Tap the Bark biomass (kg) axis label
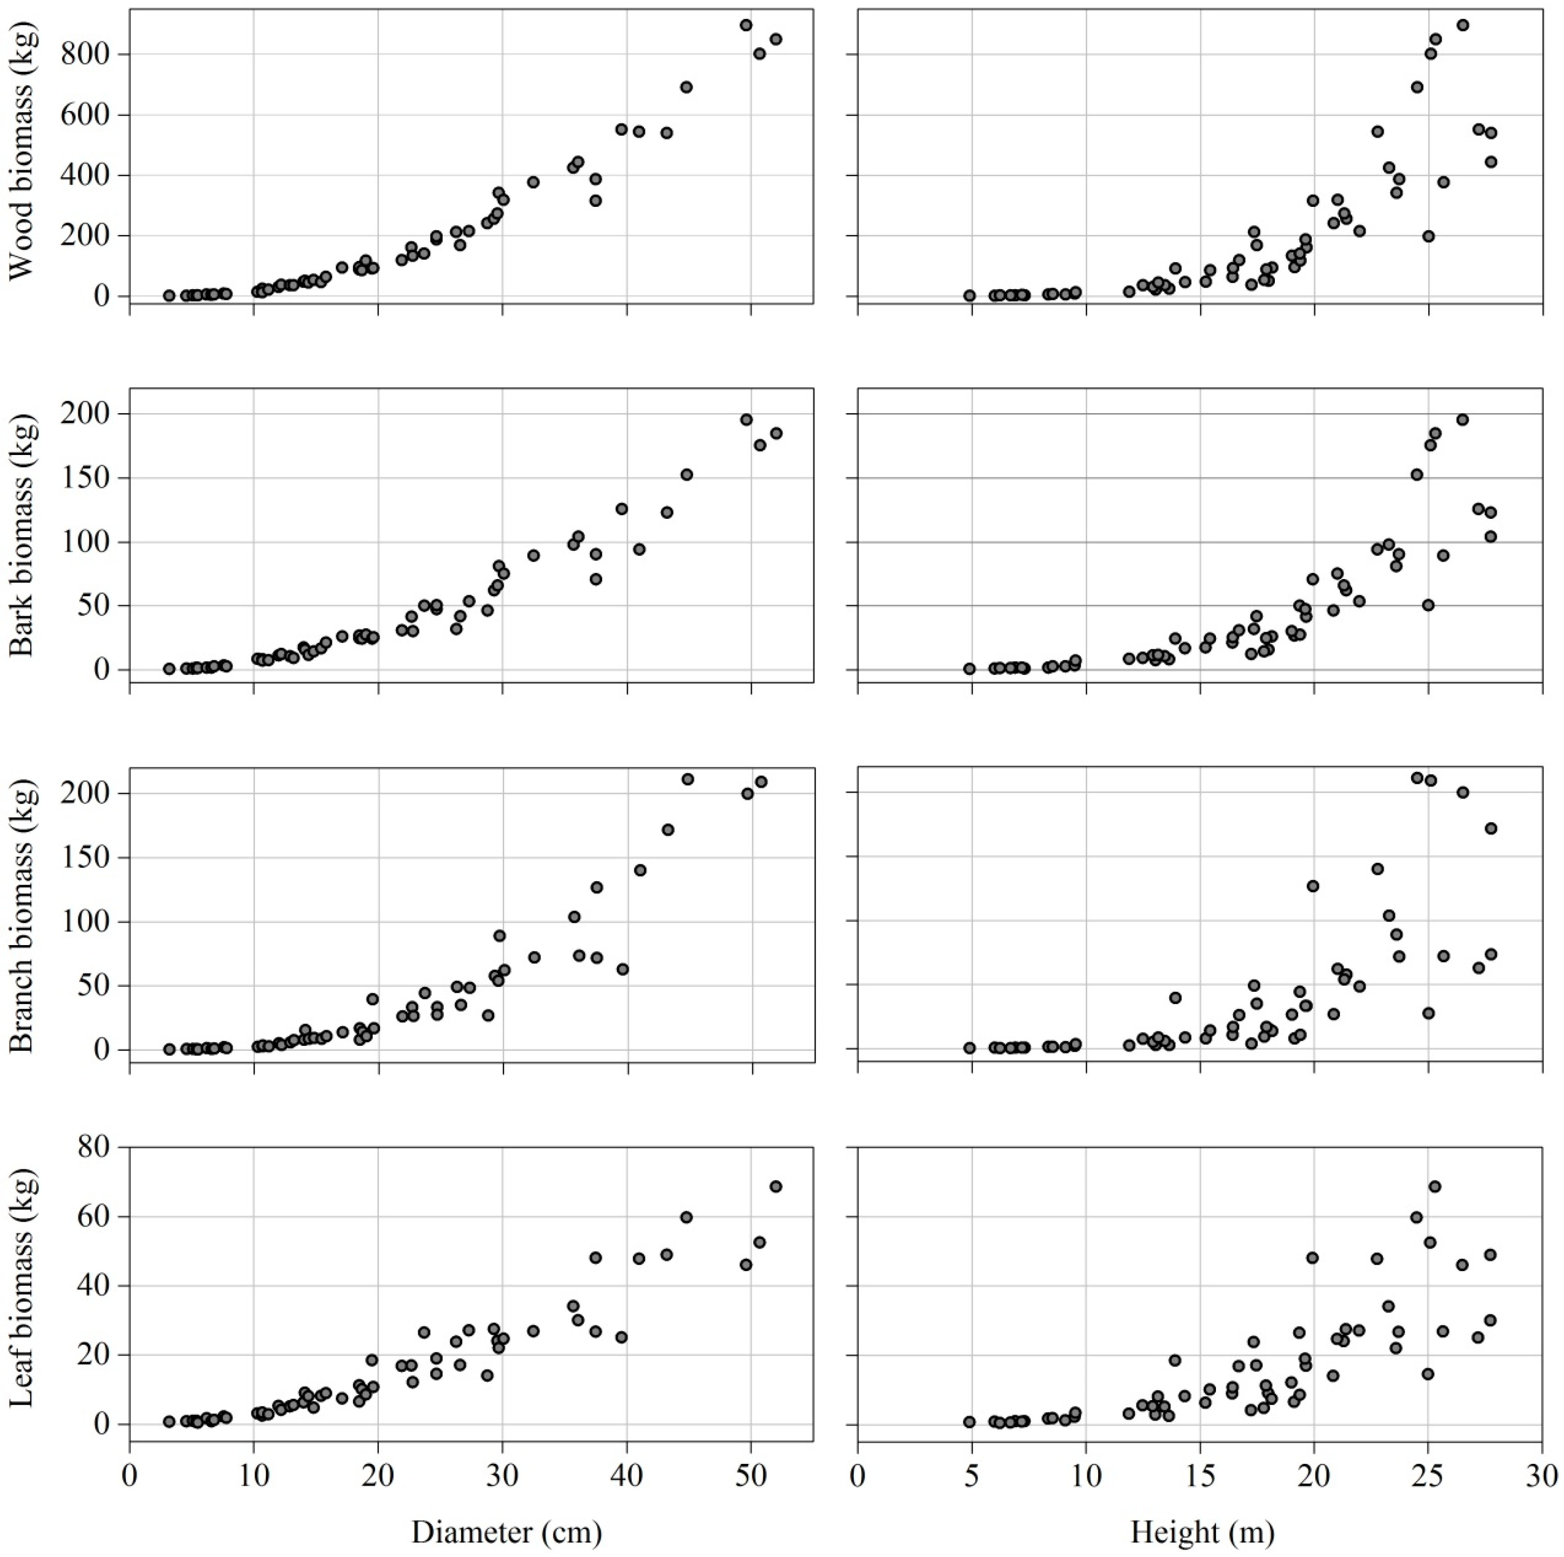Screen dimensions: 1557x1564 22,534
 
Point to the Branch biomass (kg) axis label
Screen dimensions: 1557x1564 22,915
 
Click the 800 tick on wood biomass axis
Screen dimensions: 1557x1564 86,54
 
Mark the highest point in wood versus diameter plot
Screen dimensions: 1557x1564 746,25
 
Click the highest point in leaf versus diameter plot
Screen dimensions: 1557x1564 776,1187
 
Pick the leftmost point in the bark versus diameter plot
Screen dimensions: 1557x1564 169,669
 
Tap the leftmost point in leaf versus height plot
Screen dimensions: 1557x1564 969,1422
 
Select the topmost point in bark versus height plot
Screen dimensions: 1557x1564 1462,419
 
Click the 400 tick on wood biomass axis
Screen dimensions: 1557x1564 86,176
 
